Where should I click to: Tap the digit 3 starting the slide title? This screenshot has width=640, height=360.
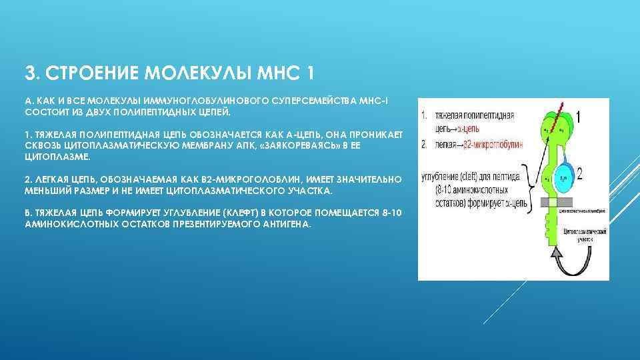click(x=29, y=71)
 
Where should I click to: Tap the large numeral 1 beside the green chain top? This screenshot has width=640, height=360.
click(x=578, y=119)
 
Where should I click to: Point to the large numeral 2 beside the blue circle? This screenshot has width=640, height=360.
click(x=579, y=175)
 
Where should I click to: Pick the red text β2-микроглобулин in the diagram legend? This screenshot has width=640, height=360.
click(x=490, y=144)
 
